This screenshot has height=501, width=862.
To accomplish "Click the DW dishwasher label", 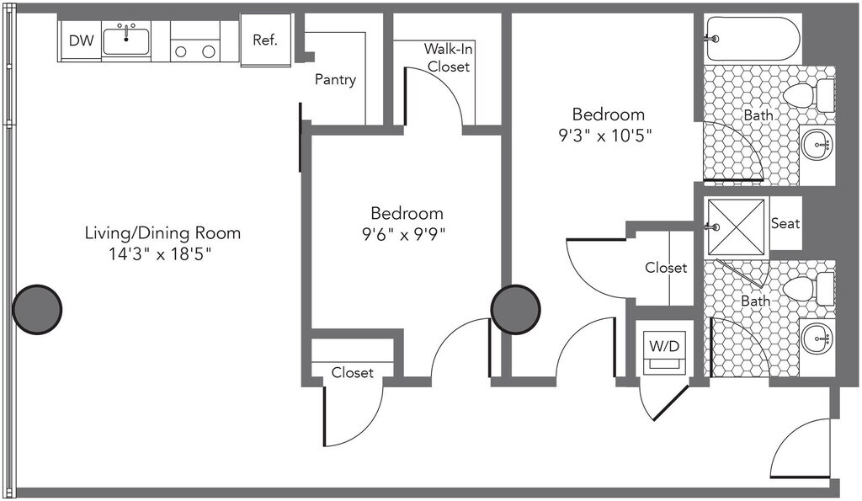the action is point(82,40).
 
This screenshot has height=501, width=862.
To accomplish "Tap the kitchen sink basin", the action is point(126,42).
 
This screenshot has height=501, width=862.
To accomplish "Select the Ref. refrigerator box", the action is point(265,40).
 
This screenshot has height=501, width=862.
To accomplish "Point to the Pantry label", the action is point(335,80).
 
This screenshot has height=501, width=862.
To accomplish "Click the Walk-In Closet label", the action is point(448,58).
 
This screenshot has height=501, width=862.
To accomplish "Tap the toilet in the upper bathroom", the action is point(809,96).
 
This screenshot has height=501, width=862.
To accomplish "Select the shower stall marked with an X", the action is point(736,227).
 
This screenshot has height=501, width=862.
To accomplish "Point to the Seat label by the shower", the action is point(785,223).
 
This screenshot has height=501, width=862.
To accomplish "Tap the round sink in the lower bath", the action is point(817,338).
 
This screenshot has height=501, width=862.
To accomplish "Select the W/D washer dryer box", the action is point(665,352).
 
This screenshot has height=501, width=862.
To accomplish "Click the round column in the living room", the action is point(37,309).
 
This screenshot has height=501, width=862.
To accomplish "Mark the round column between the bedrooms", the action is point(516,309).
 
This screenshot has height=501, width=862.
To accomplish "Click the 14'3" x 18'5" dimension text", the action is point(160,254).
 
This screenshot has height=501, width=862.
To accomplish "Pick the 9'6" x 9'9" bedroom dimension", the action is point(403,235).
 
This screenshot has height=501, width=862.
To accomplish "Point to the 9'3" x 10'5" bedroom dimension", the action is point(605,136).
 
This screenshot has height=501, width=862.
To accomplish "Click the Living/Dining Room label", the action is point(162,232).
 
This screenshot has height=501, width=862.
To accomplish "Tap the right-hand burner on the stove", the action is point(209,51).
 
